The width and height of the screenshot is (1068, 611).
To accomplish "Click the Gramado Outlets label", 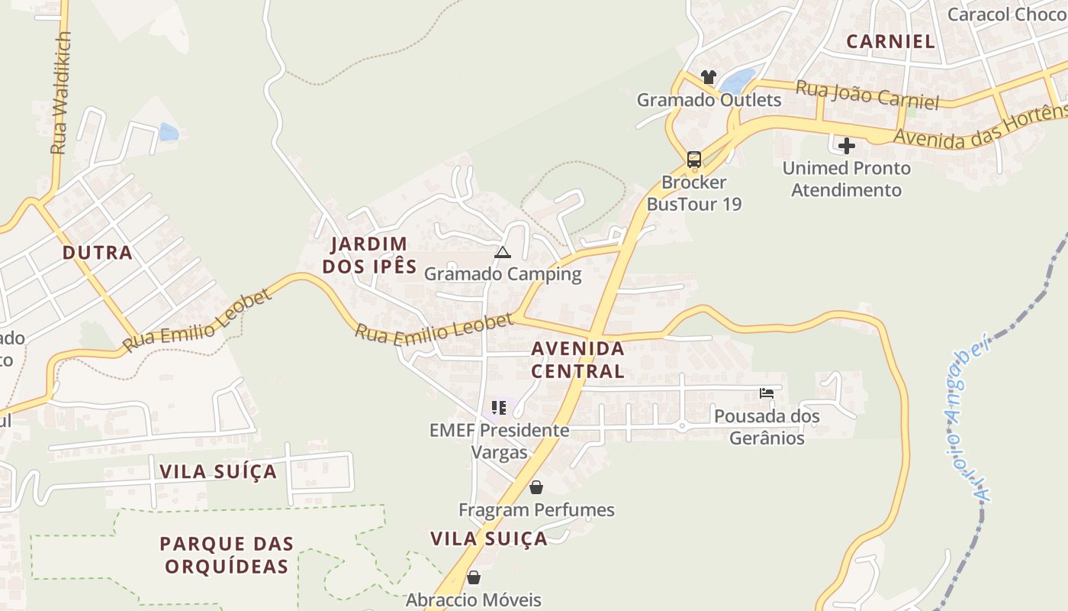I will pyautogui.click(x=709, y=100).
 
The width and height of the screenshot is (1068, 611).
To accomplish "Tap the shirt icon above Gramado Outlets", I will pyautogui.click(x=709, y=77).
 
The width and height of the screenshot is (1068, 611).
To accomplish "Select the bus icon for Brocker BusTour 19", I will pyautogui.click(x=693, y=159).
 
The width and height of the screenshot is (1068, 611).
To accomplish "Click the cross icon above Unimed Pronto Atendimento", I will pyautogui.click(x=846, y=145).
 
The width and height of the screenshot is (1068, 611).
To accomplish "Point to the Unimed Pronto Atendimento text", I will pyautogui.click(x=846, y=179).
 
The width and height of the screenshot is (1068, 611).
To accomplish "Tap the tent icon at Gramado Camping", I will pyautogui.click(x=502, y=252).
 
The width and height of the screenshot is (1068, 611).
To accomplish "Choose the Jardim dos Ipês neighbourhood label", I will pyautogui.click(x=369, y=255).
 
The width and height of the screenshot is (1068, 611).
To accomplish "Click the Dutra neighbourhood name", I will pyautogui.click(x=98, y=253).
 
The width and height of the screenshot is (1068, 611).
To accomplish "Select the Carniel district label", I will pyautogui.click(x=890, y=41).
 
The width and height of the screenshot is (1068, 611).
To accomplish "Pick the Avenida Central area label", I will pyautogui.click(x=577, y=360).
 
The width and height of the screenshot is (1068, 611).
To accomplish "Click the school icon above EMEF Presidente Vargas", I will pyautogui.click(x=499, y=408).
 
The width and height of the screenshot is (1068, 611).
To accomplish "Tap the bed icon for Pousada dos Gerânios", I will pyautogui.click(x=767, y=393).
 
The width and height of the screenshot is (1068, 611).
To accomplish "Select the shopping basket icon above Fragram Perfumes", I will pyautogui.click(x=536, y=487).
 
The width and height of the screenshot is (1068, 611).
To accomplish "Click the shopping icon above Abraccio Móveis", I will pyautogui.click(x=474, y=577).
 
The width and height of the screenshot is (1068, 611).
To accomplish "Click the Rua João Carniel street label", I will pyautogui.click(x=867, y=95).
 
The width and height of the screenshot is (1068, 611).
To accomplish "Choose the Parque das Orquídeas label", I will pyautogui.click(x=227, y=555).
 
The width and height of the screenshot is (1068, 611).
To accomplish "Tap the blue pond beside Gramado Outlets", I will pyautogui.click(x=737, y=80).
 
